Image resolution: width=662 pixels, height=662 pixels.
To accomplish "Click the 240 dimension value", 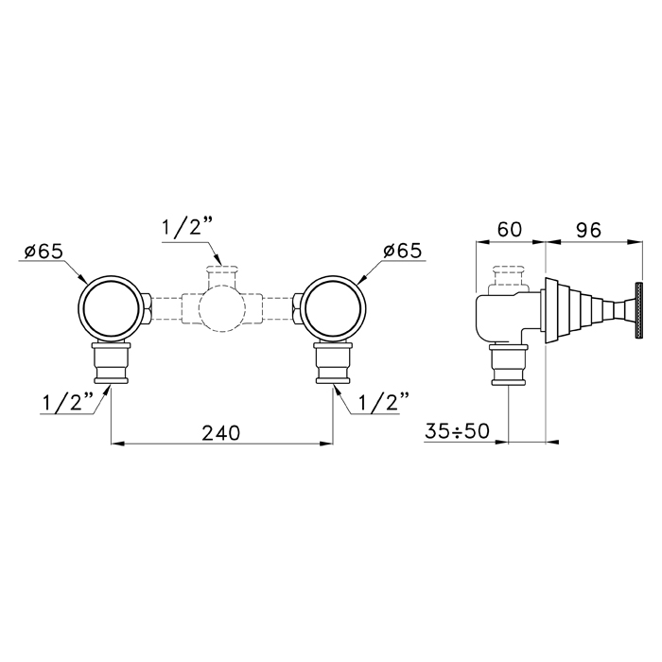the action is click(220, 433).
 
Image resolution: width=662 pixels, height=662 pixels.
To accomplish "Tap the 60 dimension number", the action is click(510, 230).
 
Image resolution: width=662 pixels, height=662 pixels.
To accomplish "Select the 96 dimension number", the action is click(588, 230).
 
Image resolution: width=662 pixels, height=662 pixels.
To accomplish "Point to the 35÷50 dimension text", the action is click(457, 431).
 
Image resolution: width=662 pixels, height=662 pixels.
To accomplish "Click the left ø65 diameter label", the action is click(44, 252).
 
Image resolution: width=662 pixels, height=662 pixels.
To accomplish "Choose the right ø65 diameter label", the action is click(402, 251).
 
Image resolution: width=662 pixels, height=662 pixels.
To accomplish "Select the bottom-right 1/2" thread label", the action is click(384, 402).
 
